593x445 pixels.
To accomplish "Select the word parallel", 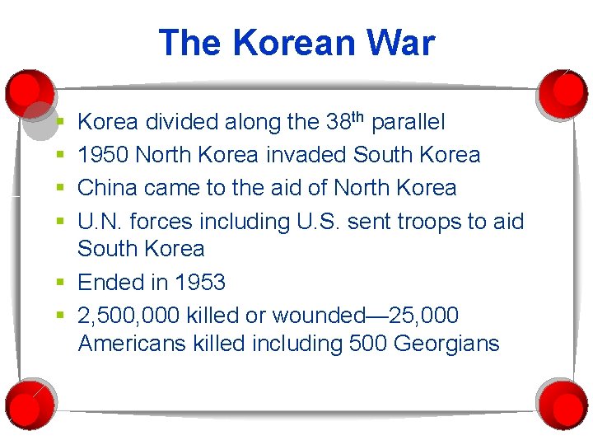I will coord(409,123).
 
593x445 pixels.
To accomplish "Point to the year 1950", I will coord(103,155).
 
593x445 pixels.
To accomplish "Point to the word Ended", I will coord(112,283).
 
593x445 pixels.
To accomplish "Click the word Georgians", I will coord(447,343).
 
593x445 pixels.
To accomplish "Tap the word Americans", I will coord(133,343).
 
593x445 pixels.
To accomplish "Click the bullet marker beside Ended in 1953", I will coord(62,283).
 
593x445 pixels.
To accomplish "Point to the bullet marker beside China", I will coord(62,189).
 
